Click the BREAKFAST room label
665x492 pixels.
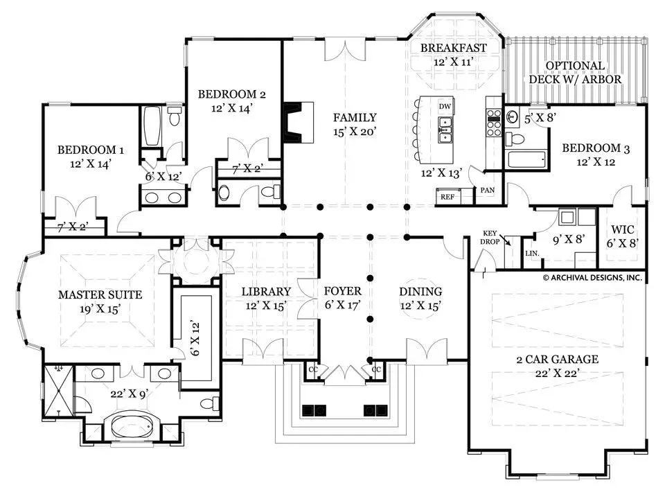(x=453, y=48)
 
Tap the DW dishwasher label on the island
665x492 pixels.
(x=445, y=107)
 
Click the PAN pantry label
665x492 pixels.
(x=487, y=190)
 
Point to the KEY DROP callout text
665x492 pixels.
(x=490, y=238)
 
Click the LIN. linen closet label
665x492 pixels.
(x=532, y=253)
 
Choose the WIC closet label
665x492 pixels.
(x=623, y=230)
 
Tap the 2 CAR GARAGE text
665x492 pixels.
(x=557, y=359)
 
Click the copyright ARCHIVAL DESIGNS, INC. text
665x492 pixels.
(x=592, y=278)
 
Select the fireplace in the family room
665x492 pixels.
(x=298, y=122)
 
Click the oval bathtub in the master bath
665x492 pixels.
(x=131, y=426)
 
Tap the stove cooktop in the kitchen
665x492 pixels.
(x=494, y=123)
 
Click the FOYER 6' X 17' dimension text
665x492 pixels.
(x=343, y=304)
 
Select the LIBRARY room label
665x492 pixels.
(x=266, y=291)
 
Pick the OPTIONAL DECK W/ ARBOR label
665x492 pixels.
(x=575, y=73)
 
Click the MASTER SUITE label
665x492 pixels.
(x=100, y=295)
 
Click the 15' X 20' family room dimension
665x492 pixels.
(x=355, y=132)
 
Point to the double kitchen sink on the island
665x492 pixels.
(x=445, y=130)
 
